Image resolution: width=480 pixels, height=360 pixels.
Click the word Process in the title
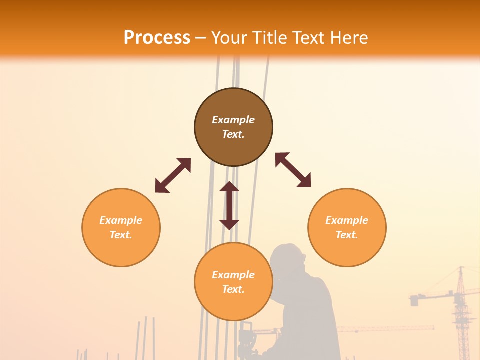[157, 37]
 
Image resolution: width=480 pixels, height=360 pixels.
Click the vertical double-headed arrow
[229, 206]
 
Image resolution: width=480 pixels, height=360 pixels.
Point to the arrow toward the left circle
[173, 175]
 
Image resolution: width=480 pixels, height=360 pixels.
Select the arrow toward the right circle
[293, 170]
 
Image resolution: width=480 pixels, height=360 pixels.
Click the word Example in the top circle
[233, 120]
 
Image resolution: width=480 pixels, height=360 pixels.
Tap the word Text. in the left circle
[121, 235]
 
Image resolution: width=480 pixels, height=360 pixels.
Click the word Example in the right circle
[347, 220]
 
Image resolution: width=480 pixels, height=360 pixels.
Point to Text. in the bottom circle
[233, 289]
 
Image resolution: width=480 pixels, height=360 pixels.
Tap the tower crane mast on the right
[461, 315]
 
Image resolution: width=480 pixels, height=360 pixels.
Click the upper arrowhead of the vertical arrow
[229, 187]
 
